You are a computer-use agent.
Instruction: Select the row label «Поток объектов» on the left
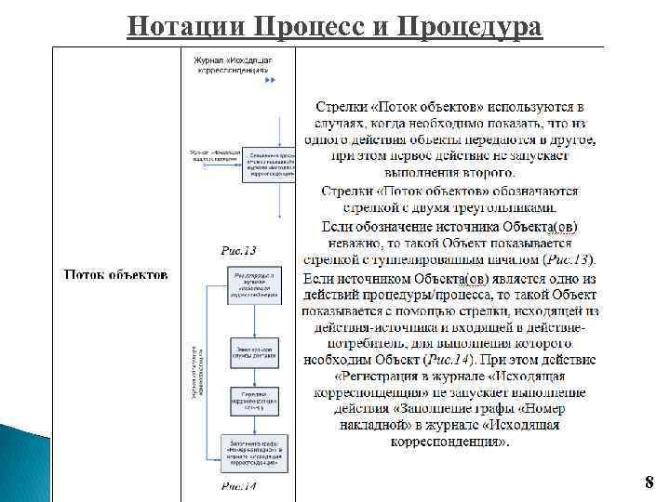click(x=116, y=274)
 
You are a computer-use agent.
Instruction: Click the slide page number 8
click(x=649, y=482)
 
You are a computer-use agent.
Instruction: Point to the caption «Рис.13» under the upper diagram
click(x=238, y=249)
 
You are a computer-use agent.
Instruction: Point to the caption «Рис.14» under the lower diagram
click(x=238, y=486)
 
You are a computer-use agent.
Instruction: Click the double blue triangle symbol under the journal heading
click(x=270, y=81)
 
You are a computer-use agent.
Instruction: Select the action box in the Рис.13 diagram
click(x=269, y=163)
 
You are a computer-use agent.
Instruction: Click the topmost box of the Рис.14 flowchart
click(x=252, y=284)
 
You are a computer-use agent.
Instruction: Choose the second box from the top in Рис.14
click(x=252, y=353)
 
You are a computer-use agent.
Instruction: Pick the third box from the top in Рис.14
click(x=252, y=401)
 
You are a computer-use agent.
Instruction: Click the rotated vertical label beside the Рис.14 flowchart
click(x=194, y=372)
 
